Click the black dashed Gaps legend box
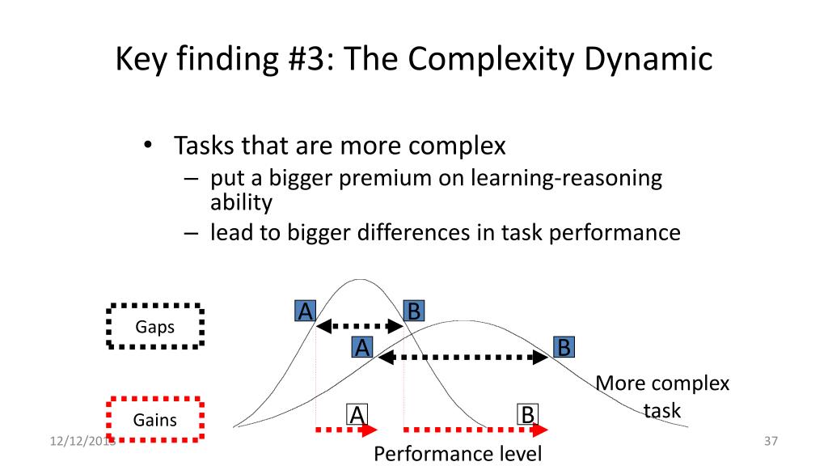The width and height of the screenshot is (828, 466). point(154,326)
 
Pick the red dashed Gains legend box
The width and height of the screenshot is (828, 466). point(154,419)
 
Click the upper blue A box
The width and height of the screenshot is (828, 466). point(305,311)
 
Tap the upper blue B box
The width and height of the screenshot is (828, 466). point(413,311)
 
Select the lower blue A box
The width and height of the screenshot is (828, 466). point(362,348)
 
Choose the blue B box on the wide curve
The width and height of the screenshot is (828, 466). point(564,348)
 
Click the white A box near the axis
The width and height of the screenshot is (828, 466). point(357,415)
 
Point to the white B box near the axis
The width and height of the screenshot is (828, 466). point(527,415)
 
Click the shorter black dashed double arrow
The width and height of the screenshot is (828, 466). point(359,327)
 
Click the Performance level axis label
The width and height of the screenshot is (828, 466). point(458,453)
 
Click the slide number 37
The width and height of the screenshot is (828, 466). point(770,442)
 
